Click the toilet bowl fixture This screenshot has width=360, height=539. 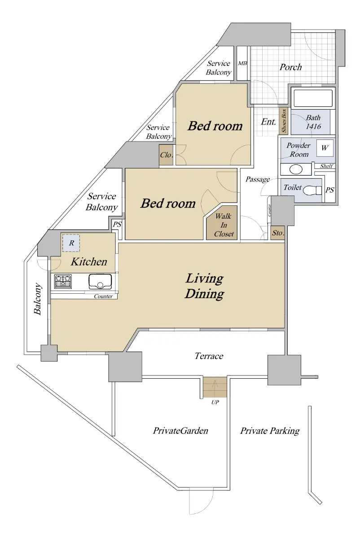point(312,190)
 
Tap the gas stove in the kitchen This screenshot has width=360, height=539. point(63,281)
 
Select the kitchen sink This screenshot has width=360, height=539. point(100,282)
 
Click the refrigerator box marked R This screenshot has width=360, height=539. point(71,243)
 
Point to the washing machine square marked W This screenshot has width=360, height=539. point(325,148)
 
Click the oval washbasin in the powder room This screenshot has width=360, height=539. point(296,169)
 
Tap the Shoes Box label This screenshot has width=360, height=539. point(284,120)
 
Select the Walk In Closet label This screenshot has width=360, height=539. point(224,225)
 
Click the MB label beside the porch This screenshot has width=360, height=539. point(242,63)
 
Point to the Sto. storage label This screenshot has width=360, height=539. point(278,233)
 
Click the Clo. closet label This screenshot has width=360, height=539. point(167,155)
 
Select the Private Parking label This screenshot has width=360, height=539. point(270,431)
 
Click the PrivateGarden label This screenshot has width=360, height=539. point(180,430)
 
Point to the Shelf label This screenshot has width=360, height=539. point(327,166)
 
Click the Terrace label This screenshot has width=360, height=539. point(209,356)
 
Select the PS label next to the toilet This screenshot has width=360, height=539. point(329,190)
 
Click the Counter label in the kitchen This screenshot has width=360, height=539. point(103,296)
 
